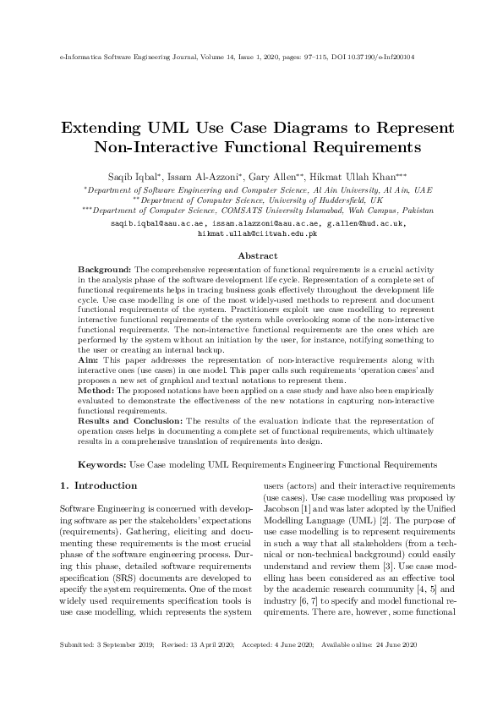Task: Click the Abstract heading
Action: [x=257, y=255]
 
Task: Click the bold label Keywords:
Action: [x=102, y=465]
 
